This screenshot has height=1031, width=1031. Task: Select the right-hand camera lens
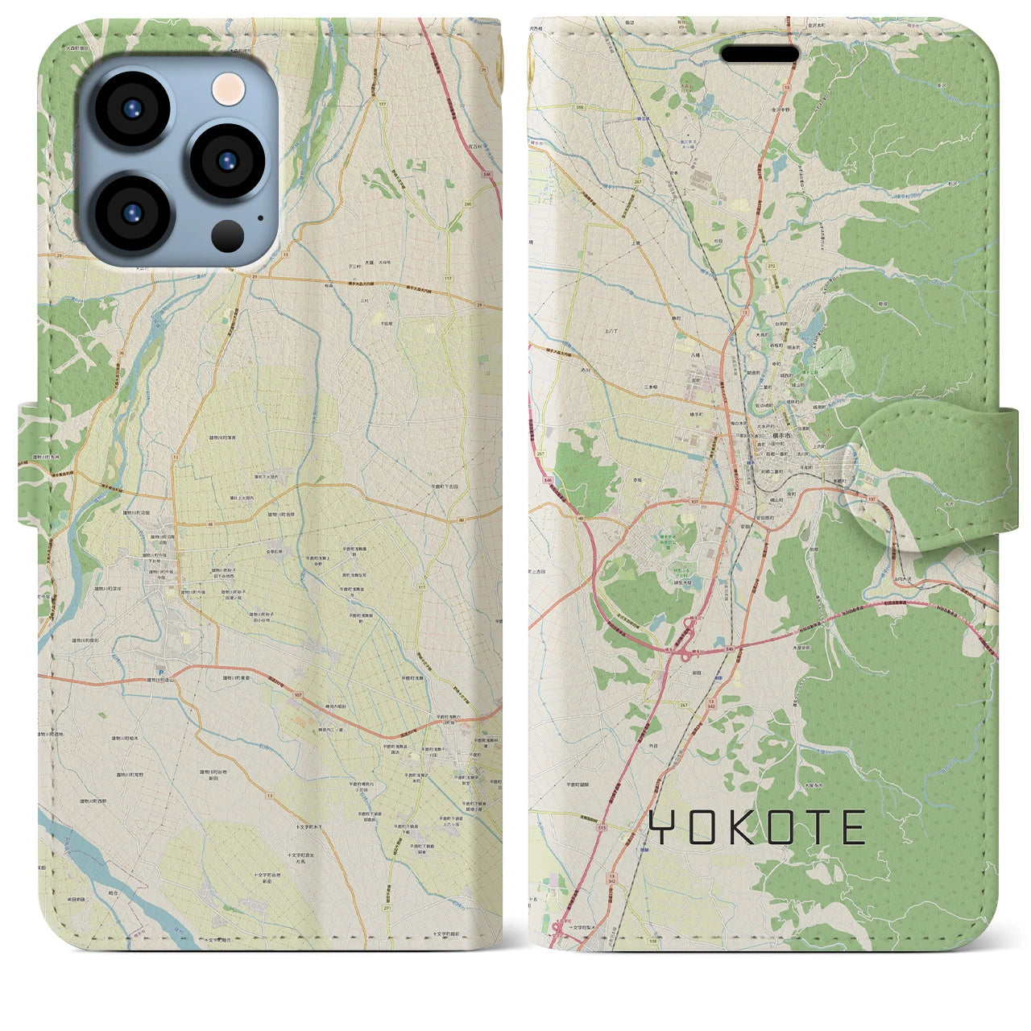pos(226,160)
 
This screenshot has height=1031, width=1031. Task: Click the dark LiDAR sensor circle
pos(229,235)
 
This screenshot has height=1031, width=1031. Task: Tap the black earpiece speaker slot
pos(759,54)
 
